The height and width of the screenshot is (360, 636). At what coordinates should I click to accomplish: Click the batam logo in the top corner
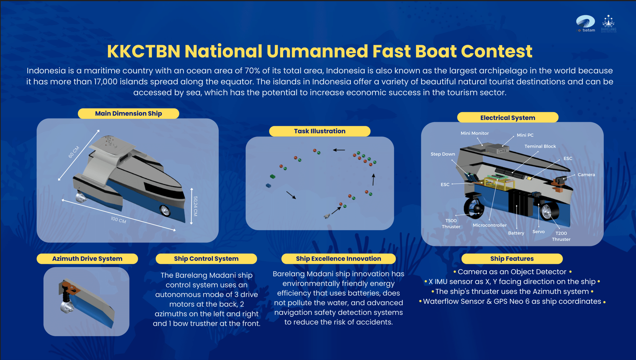point(585,24)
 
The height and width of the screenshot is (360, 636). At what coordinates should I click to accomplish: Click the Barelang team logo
point(609,24)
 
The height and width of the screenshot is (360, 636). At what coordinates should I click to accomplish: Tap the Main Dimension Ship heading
point(128,114)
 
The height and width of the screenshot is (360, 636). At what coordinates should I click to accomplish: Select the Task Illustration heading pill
point(319,131)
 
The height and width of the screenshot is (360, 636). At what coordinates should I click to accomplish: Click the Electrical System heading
point(508,118)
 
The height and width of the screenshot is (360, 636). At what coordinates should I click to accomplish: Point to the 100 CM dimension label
point(118,220)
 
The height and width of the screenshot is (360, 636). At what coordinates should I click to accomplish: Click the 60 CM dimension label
point(74,152)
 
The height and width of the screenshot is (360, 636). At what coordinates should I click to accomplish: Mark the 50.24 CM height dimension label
point(195,206)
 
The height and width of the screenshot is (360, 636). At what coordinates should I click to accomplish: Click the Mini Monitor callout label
point(475,133)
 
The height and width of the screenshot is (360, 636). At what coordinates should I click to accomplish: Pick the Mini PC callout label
point(525,135)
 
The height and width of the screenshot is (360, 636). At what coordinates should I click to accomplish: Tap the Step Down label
point(443,154)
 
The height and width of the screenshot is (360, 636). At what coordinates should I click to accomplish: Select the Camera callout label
point(586,175)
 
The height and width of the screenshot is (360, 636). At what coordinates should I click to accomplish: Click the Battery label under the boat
point(516,233)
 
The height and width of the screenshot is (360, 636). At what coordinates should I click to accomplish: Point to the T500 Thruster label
point(451,223)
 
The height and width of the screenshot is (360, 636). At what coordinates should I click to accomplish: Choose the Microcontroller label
point(489,225)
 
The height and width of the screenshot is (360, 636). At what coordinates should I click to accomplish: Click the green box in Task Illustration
point(273,176)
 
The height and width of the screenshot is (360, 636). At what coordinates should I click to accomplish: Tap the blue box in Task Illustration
point(268,185)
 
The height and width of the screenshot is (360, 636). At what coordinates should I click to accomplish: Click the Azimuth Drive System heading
point(87,259)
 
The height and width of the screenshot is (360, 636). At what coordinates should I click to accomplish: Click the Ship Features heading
point(512,259)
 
